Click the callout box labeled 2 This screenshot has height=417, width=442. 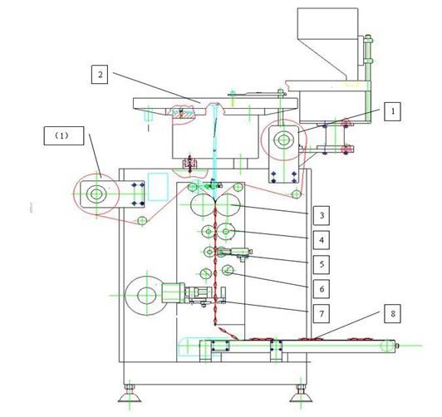click(100, 75)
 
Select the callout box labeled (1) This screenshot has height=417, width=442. click(64, 135)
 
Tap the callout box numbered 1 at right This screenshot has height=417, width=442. click(392, 111)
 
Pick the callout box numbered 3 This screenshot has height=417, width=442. click(322, 215)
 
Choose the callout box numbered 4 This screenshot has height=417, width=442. click(322, 240)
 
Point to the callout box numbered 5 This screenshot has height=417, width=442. click(322, 264)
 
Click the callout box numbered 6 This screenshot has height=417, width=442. click(322, 289)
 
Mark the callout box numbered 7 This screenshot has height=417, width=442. click(322, 313)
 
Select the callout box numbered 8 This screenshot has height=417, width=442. click(393, 313)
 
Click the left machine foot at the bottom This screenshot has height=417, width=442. click(130, 395)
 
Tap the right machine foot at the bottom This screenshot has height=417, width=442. click(301, 395)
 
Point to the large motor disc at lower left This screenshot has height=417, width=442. click(146, 295)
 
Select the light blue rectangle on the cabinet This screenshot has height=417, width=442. click(158, 187)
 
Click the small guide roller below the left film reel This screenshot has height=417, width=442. click(142, 220)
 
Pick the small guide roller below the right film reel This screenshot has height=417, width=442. click(297, 194)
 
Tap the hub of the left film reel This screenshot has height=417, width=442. click(96, 194)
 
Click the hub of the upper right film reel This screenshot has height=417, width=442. click(282, 140)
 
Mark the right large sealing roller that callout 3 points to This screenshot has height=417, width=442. click(228, 205)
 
